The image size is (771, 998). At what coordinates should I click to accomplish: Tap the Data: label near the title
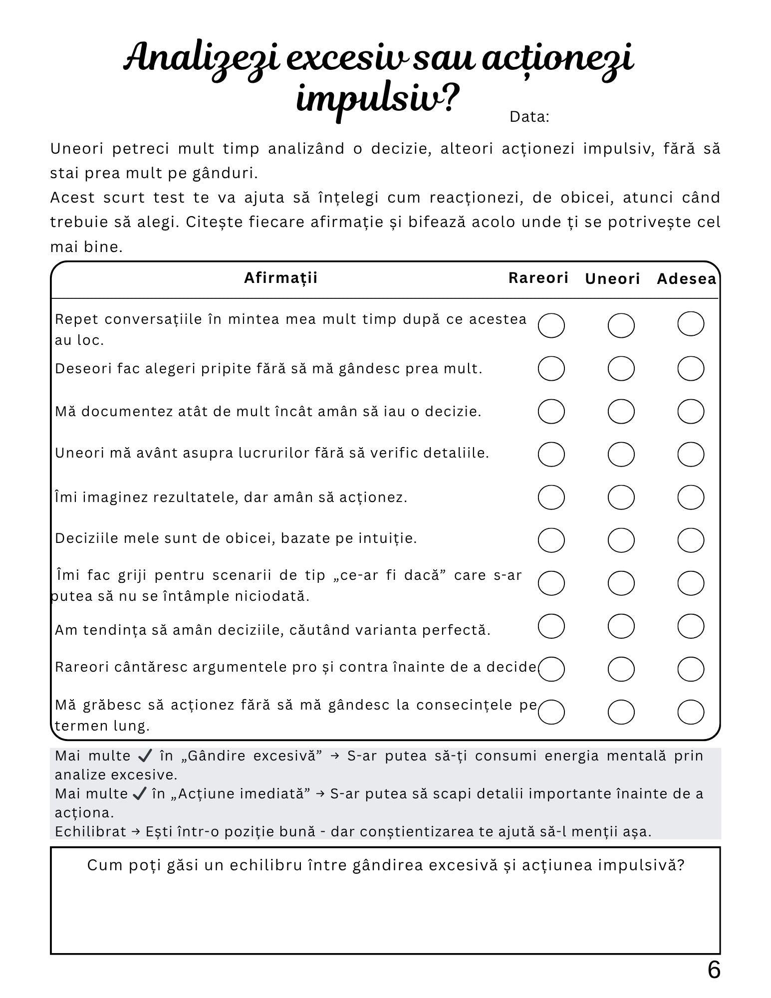point(529,117)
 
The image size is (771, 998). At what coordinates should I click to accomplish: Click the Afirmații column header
point(280,278)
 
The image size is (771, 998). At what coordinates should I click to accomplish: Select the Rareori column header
point(538,278)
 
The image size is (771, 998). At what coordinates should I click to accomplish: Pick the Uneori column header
point(612,279)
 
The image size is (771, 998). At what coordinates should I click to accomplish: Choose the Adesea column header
point(686,279)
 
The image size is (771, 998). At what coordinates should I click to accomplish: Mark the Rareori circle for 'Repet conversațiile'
point(551,325)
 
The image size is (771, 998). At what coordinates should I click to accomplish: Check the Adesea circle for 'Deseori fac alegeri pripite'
point(691,369)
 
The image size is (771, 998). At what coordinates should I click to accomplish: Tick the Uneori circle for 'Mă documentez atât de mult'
point(621,412)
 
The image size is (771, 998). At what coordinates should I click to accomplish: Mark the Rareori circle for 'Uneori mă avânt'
point(551,454)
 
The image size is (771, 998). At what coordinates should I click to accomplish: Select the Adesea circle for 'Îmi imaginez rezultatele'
point(691,497)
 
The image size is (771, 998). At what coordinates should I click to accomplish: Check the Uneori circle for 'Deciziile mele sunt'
point(621,540)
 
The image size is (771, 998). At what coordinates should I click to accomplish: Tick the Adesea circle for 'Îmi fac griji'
point(691,583)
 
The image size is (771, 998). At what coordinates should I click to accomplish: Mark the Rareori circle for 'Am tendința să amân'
point(551,626)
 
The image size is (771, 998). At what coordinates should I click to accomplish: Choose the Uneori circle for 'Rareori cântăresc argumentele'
point(621,669)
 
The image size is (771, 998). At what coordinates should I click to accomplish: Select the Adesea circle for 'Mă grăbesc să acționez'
point(691,712)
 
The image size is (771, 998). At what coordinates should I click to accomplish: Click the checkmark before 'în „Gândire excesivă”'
point(145,756)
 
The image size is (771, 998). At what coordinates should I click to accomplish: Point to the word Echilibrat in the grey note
point(90,832)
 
